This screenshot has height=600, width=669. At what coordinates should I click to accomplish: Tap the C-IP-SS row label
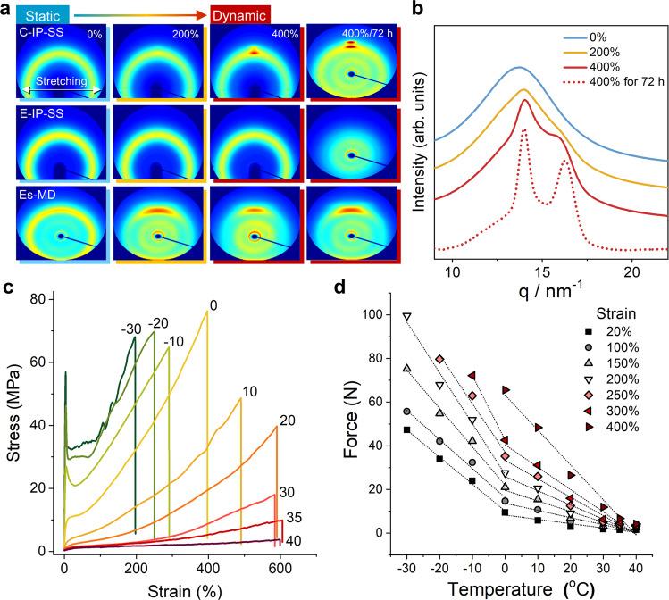(x=42, y=35)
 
